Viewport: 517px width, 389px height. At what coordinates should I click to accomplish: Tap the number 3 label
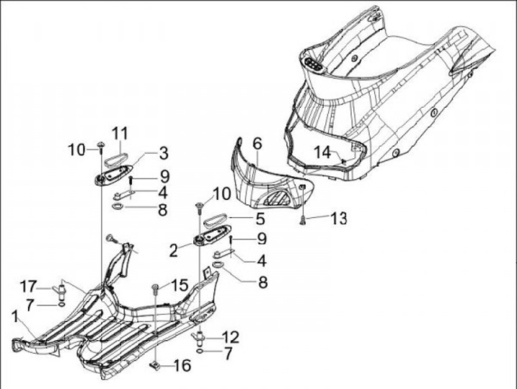[163, 152]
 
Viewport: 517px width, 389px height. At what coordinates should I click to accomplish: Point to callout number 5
[261, 216]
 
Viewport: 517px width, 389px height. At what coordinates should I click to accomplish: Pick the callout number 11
[119, 133]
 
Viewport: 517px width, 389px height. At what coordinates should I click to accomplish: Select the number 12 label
[230, 336]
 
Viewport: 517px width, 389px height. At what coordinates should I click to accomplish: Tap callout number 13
[337, 216]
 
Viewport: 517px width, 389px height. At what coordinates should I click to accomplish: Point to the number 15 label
[178, 285]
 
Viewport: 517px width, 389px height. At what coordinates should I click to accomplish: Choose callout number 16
[182, 366]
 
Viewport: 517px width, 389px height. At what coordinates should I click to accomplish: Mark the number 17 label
[27, 283]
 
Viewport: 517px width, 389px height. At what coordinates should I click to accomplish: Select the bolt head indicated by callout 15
[156, 288]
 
